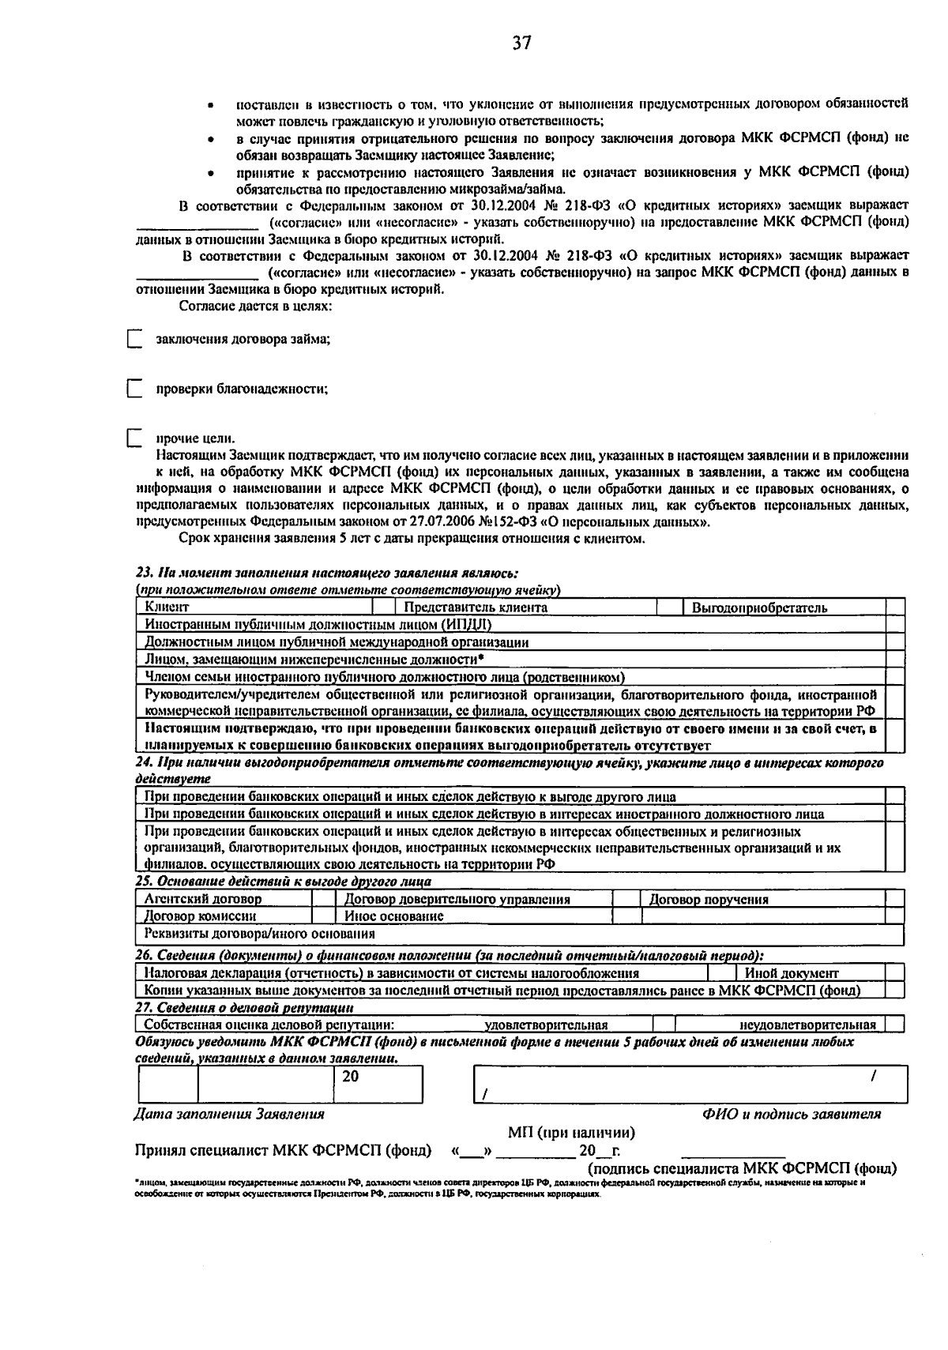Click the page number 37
point(521,43)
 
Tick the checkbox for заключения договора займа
point(134,340)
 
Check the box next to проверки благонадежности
point(134,389)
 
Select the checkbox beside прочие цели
point(134,438)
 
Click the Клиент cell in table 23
point(167,607)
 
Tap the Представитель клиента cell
point(476,607)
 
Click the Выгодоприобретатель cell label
point(759,607)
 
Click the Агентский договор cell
point(203,899)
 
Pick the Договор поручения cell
point(709,899)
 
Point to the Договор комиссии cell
point(200,916)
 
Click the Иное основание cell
point(393,916)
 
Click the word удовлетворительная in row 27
point(546,1025)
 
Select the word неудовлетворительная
point(807,1025)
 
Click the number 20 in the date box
point(351,1076)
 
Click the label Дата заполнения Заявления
point(229,1114)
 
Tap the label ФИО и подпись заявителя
point(791,1114)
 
